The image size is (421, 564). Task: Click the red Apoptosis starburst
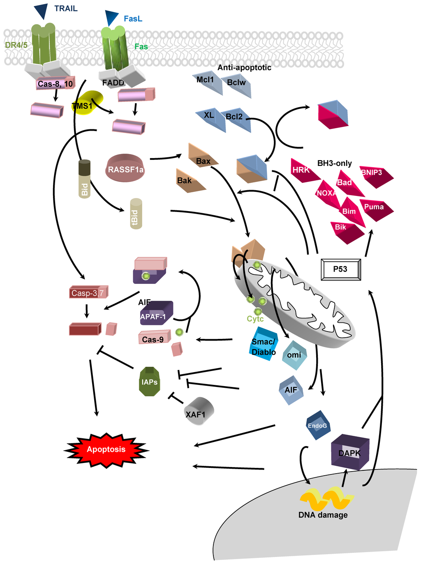click(106, 450)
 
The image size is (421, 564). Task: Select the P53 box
click(340, 269)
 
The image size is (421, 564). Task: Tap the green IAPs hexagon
click(150, 382)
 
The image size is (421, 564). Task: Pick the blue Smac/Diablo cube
click(264, 344)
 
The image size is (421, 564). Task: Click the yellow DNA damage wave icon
click(326, 498)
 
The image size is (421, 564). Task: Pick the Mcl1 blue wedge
click(207, 83)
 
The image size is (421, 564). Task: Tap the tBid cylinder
click(136, 214)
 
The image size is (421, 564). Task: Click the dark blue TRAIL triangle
click(41, 11)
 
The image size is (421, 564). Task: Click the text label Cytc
click(255, 319)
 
